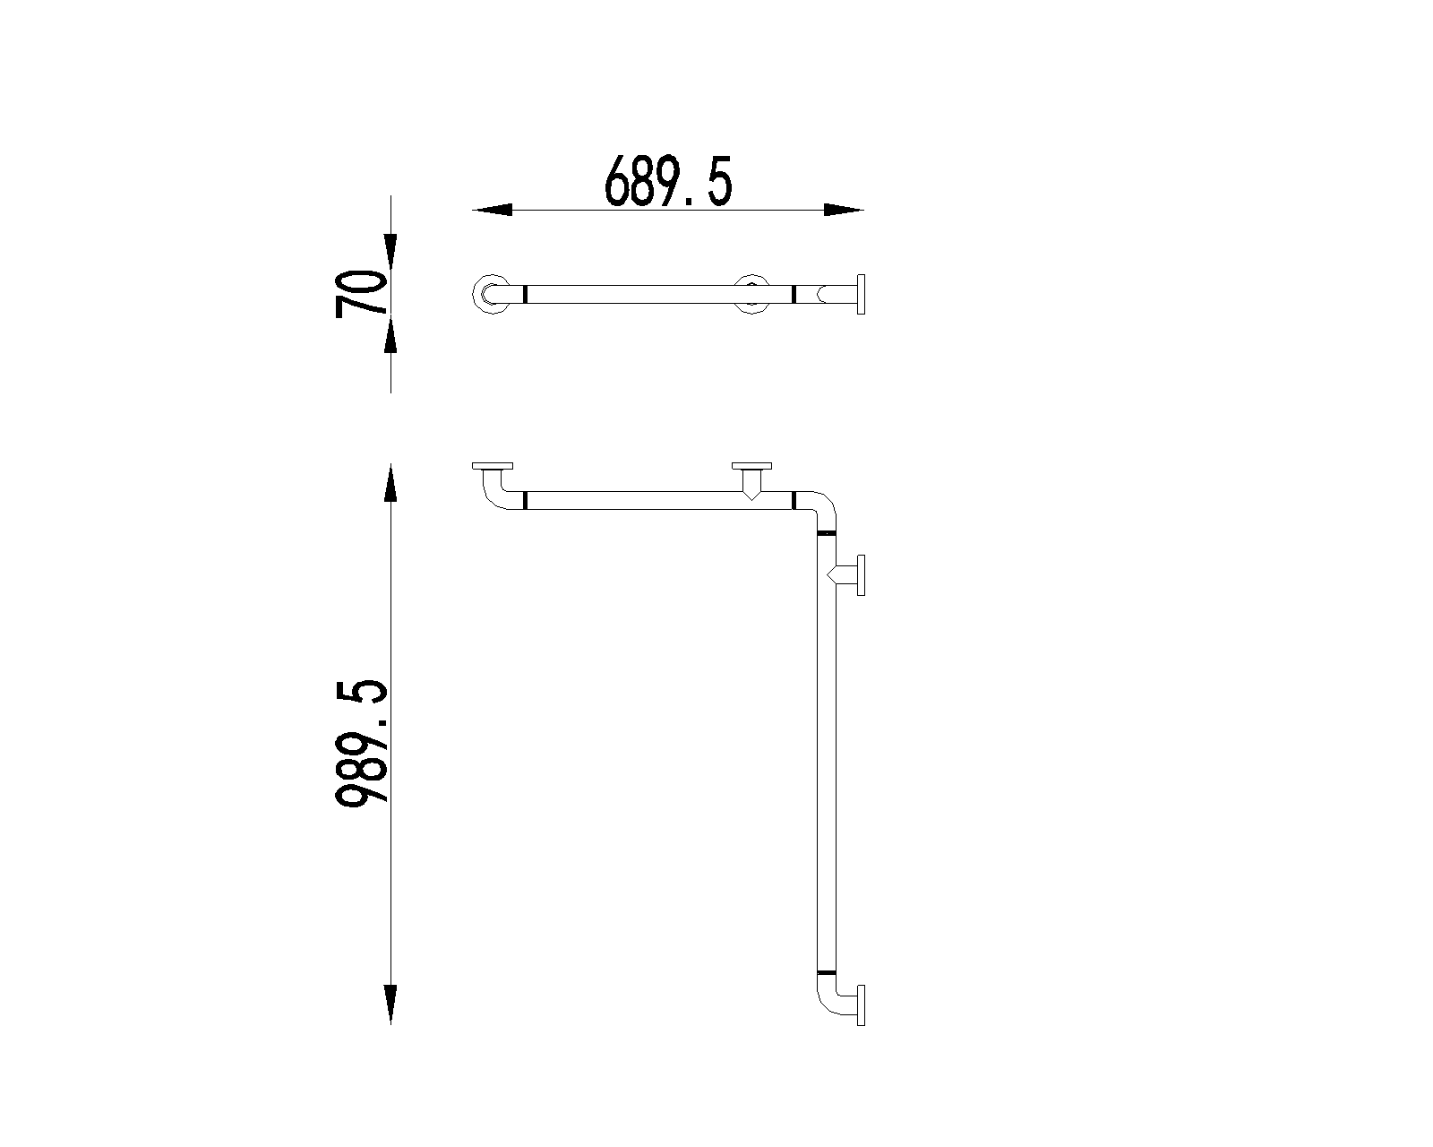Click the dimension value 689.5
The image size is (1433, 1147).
[668, 181]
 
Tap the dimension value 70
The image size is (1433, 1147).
[361, 293]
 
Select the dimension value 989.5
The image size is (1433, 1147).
[361, 744]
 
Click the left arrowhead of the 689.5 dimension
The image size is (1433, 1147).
[492, 210]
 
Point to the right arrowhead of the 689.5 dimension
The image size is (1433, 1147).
[845, 210]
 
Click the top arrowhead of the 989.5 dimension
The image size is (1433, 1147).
[390, 482]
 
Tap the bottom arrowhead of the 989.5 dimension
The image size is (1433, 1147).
[390, 1005]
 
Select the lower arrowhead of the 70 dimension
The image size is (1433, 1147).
[390, 332]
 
